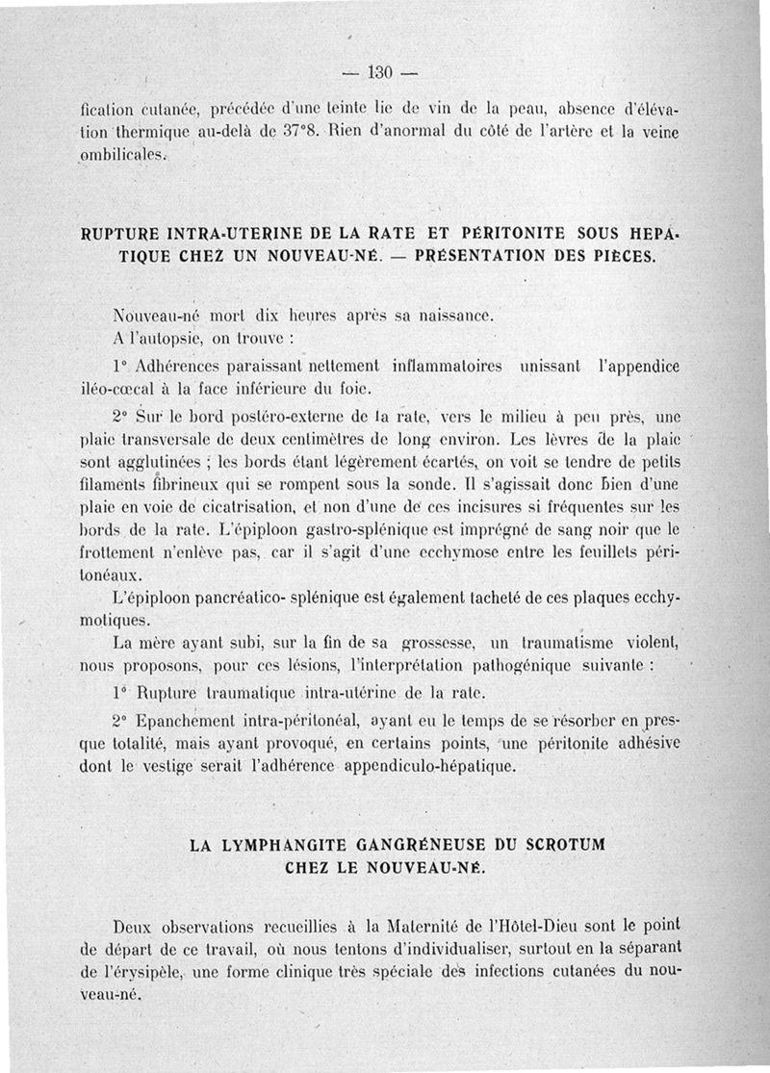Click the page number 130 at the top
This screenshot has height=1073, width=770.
(x=382, y=72)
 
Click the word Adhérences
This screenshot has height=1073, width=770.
(x=179, y=368)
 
